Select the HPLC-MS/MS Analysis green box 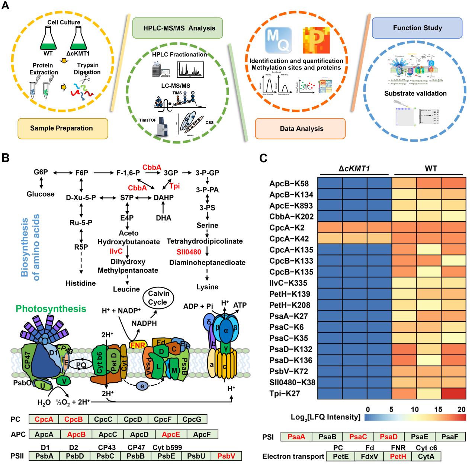pos(177,28)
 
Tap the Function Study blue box pos(417,28)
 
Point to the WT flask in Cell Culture pos(48,39)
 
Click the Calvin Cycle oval pos(158,298)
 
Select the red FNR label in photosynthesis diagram pos(137,345)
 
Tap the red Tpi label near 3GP pos(174,186)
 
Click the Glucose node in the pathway pos(41,194)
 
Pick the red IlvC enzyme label pos(116,251)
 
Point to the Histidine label pos(81,283)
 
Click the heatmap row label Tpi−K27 pos(285,393)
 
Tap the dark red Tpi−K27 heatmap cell pos(453,393)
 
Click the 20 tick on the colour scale pos(461,409)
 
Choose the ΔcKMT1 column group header pos(354,168)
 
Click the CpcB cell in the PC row pos(73,420)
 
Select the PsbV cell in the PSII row pos(226,456)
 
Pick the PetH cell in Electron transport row pos(398,456)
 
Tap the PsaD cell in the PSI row pos(389,437)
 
